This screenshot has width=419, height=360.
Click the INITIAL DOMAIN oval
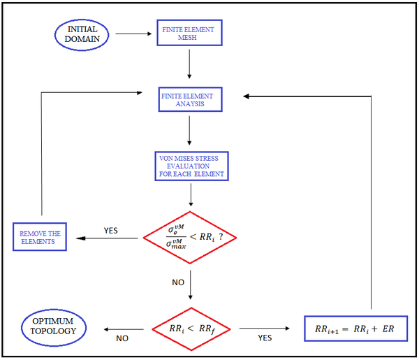click(x=82, y=34)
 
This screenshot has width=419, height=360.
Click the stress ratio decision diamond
click(x=191, y=238)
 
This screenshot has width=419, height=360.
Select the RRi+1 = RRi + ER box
click(x=355, y=327)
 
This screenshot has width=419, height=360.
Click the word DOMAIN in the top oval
click(x=83, y=39)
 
